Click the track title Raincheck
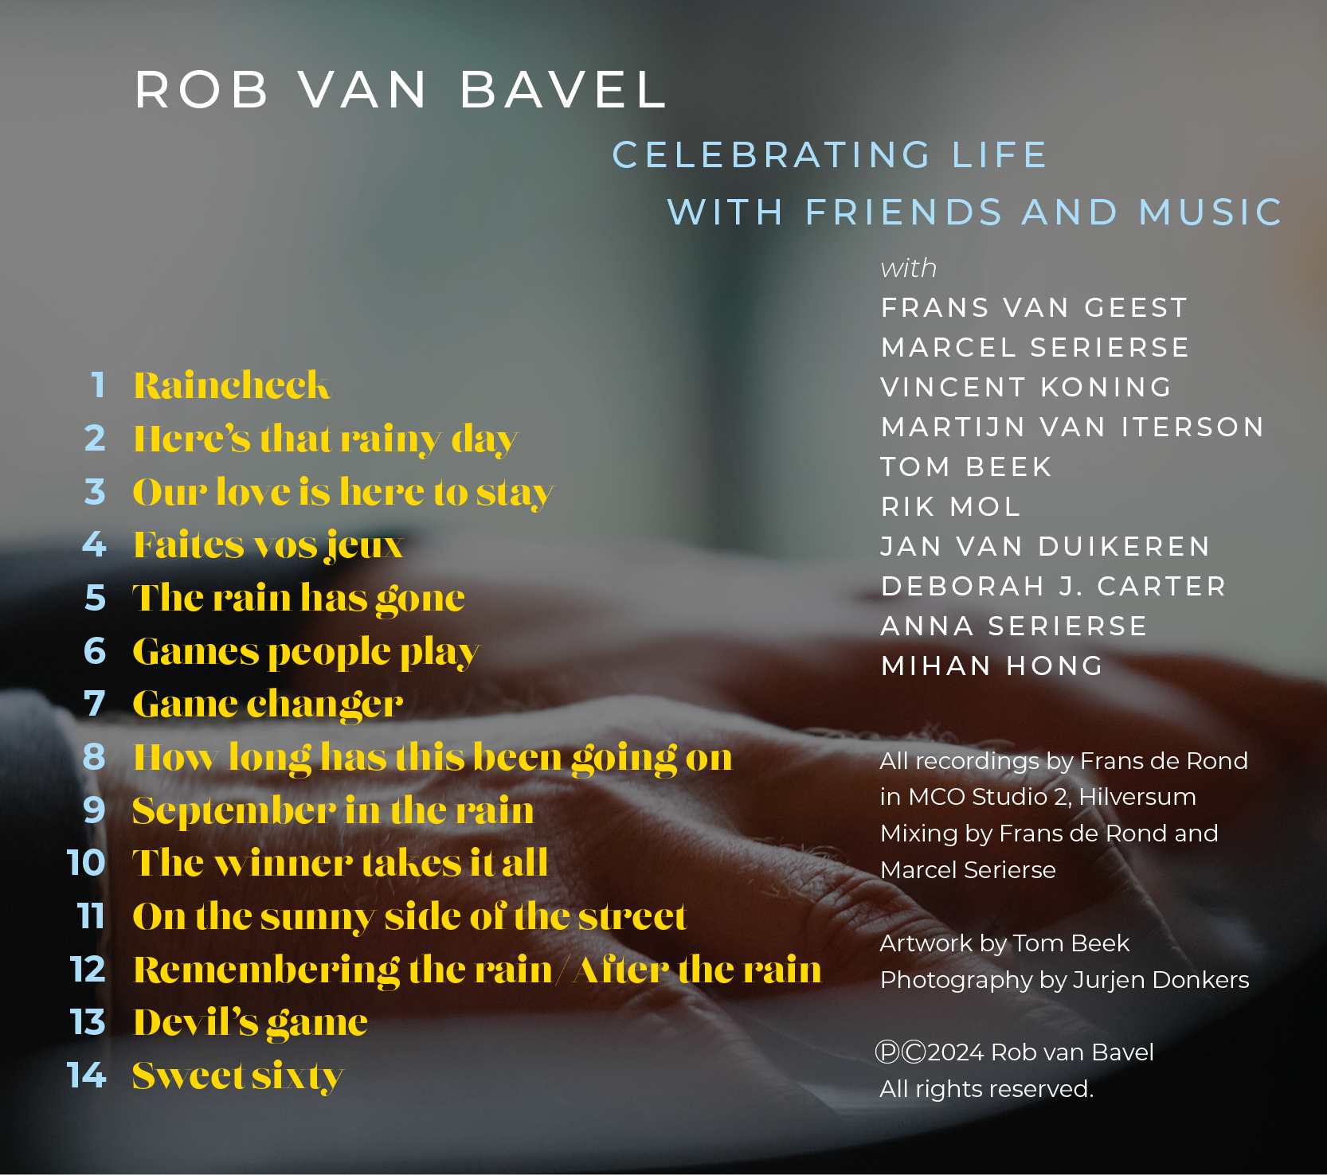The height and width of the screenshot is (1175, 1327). pyautogui.click(x=231, y=385)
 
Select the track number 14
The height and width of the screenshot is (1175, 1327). pyautogui.click(x=87, y=1075)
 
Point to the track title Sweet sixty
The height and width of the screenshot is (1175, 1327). pyautogui.click(x=238, y=1077)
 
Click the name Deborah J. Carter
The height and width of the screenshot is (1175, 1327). pyautogui.click(x=1053, y=587)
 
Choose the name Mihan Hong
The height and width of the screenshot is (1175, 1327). pyautogui.click(x=992, y=666)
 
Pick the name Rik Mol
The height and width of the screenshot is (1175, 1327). pyautogui.click(x=950, y=506)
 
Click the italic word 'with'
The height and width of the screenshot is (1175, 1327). pyautogui.click(x=909, y=268)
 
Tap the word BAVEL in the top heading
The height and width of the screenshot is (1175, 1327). pyautogui.click(x=562, y=89)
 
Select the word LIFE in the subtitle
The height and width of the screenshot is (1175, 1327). pyautogui.click(x=1000, y=155)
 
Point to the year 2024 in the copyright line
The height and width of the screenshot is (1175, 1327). pyautogui.click(x=957, y=1052)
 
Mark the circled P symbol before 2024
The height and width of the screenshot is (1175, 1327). pyautogui.click(x=887, y=1052)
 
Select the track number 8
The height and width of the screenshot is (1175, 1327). pyautogui.click(x=95, y=757)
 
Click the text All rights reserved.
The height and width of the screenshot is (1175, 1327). pyautogui.click(x=987, y=1089)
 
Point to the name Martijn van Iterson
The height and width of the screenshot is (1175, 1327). pyautogui.click(x=1072, y=427)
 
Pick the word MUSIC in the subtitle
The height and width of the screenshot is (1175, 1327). pyautogui.click(x=1211, y=213)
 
